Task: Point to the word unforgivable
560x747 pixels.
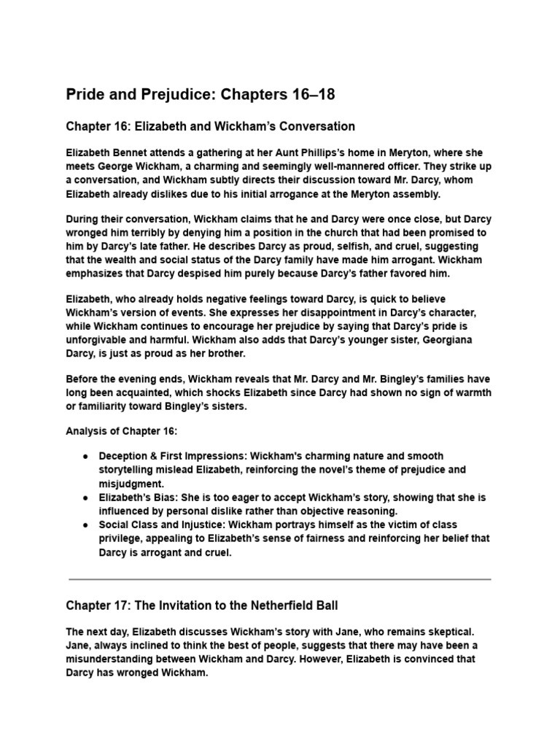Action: click(98, 340)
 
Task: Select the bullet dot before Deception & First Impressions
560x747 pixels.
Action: click(86, 456)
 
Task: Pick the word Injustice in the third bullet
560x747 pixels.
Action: click(187, 525)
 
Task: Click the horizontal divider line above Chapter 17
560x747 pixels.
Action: click(279, 579)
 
